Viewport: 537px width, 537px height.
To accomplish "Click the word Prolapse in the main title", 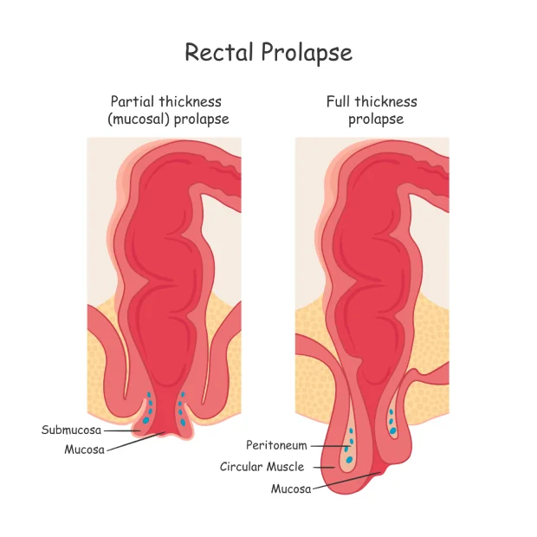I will coord(307,53).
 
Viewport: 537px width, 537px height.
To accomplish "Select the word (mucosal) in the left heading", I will coord(139,119).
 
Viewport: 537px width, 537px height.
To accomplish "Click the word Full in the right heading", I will coord(340,101).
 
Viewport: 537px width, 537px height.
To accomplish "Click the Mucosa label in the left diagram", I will coord(85,450).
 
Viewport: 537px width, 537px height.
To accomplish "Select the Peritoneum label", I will coord(276,445).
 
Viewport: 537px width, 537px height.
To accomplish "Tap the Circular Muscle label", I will coord(262,467).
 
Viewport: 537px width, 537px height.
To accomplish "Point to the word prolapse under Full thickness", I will coord(376,119).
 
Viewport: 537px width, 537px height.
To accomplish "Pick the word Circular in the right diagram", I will coord(242,467).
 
